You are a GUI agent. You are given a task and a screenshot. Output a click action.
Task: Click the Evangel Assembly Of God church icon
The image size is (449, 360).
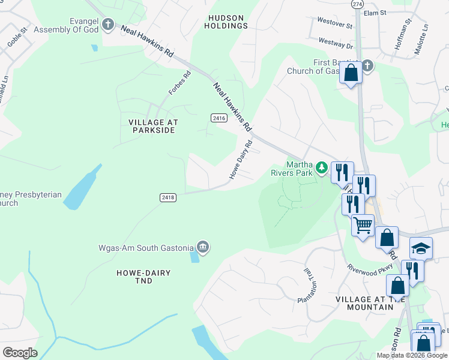pos(108,25)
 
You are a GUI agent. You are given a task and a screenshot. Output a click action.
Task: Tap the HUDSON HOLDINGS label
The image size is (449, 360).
pos(226,22)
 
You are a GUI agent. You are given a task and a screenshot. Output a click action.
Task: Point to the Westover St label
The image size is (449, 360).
pos(335,26)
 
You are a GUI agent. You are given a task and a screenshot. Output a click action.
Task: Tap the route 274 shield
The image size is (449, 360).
pos(357,4)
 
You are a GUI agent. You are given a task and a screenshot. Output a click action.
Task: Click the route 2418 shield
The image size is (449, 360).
pos(168,197)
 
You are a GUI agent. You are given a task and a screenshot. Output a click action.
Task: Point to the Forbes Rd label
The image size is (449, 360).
pos(179,83)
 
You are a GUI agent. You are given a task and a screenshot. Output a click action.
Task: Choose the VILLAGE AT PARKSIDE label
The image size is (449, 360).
pos(154,126)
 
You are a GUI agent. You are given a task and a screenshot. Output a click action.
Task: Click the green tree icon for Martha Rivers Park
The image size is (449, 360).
pos(322,167)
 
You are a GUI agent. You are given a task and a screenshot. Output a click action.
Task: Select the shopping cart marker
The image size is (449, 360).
pos(363,226)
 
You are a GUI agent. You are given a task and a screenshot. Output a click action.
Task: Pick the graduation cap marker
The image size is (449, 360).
pos(421,248)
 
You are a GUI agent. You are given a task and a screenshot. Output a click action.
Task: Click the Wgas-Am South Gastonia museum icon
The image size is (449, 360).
pos(203,247)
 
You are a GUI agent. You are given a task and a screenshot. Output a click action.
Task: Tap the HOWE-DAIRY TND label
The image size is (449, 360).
pos(143,277)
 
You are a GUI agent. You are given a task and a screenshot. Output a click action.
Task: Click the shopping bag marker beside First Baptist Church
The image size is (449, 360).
pos(351,73)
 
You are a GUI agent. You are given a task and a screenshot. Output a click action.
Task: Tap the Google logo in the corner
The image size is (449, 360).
pos(20,353)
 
